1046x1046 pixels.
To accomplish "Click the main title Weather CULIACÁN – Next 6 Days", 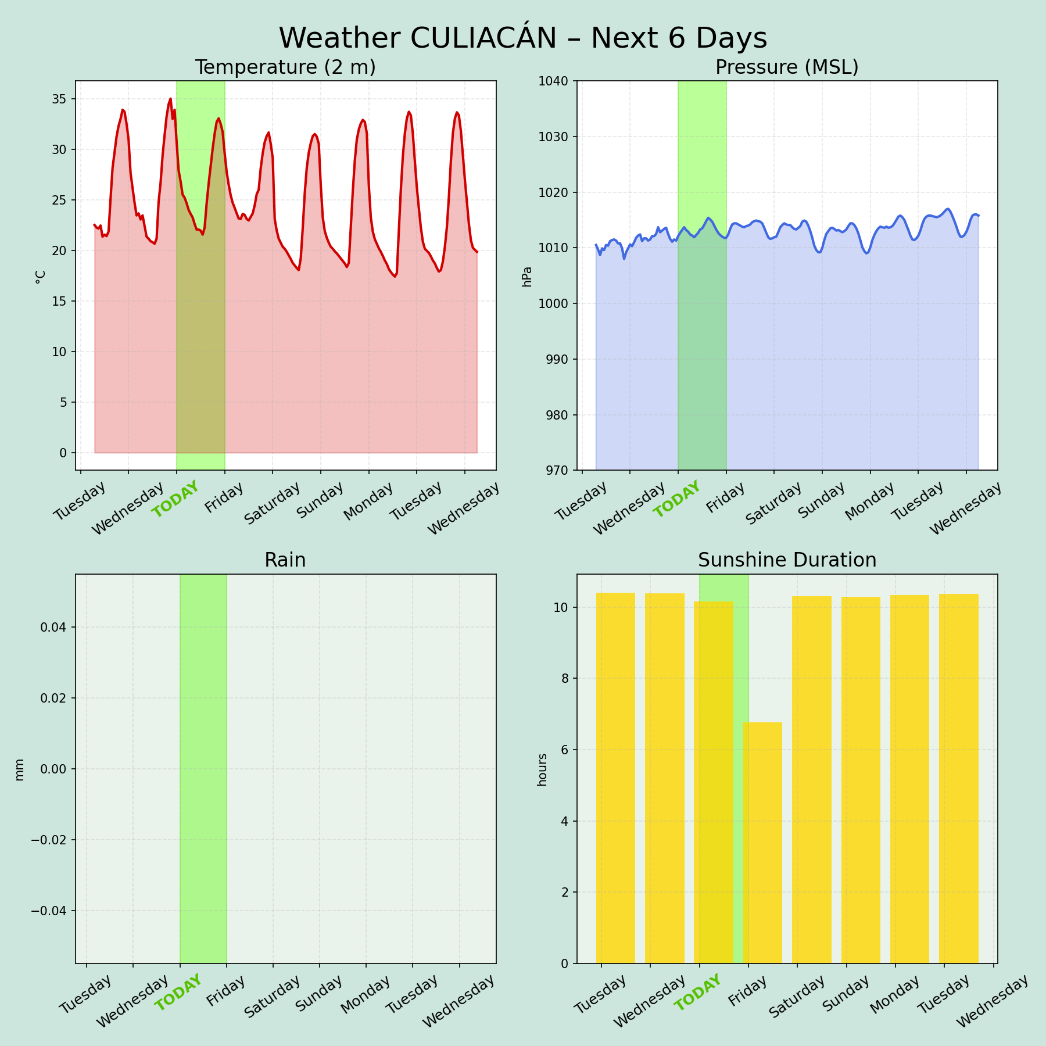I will [523, 38].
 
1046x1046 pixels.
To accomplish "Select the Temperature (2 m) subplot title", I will [285, 67].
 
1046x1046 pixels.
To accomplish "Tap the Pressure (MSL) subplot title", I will [787, 67].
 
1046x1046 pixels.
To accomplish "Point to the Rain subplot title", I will [285, 560].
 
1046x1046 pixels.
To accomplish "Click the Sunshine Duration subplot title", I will [787, 560].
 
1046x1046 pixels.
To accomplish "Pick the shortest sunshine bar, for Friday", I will [762, 843].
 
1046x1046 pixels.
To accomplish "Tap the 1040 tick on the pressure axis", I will [556, 81].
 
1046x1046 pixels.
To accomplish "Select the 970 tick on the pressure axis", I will [557, 470].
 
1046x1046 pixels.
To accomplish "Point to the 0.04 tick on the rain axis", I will [54, 627].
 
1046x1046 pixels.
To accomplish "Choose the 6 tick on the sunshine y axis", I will [564, 750].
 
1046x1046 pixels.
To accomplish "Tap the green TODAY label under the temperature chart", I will [175, 499].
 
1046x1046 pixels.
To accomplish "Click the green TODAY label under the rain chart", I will [178, 993].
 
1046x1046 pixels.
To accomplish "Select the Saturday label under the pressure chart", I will [773, 503].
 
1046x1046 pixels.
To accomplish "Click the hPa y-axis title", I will [527, 276].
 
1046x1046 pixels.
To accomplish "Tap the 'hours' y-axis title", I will [542, 769].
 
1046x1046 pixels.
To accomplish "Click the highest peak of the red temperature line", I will [170, 99].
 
